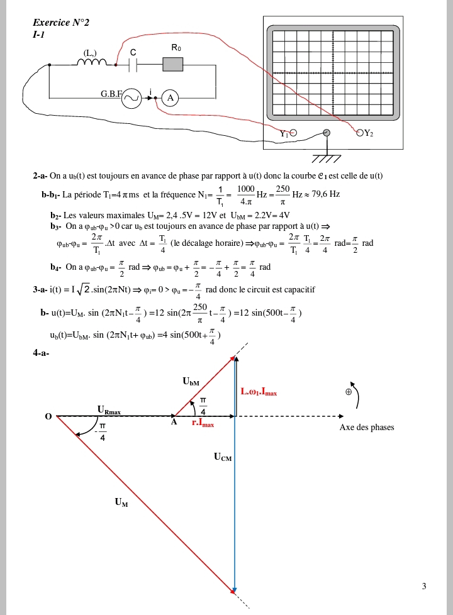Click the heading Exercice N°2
coord(61,23)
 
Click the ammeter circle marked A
coord(170,97)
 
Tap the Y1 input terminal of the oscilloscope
coord(292,133)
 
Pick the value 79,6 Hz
coord(325,194)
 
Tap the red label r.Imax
coord(203,424)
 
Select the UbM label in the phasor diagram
coord(191,381)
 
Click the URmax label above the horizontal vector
coord(109,410)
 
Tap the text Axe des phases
coord(367,428)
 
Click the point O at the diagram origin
coord(48,417)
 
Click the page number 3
coord(424,586)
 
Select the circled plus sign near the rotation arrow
coord(348,391)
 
